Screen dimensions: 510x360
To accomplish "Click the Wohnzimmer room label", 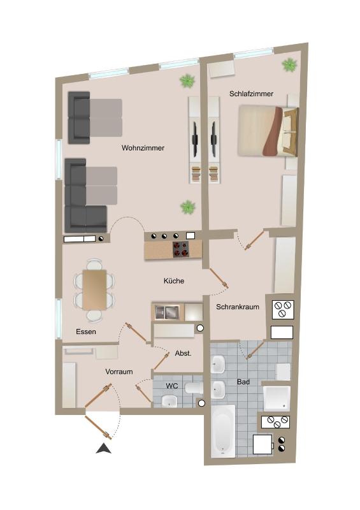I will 143,148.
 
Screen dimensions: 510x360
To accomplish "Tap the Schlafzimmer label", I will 251,94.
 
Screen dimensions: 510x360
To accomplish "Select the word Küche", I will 174,280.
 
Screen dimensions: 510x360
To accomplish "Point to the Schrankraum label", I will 237,307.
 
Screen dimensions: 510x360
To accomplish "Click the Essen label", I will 86,331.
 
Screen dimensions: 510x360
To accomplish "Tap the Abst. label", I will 183,353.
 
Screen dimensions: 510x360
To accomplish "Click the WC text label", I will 171,386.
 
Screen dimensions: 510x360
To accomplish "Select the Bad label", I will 243,382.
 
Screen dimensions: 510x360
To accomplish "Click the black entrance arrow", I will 103,449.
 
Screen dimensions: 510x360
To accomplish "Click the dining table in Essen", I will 95,289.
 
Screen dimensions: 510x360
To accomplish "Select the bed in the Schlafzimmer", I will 268,131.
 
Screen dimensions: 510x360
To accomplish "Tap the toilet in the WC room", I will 192,388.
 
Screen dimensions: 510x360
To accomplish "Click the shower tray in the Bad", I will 277,398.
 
